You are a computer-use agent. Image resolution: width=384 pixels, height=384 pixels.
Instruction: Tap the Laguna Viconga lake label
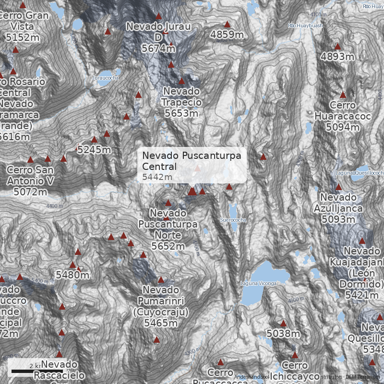[x=259, y=284]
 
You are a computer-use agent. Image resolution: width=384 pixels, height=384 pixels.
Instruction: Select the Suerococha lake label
[x=233, y=220]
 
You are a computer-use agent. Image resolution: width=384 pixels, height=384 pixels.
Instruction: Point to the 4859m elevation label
[x=227, y=34]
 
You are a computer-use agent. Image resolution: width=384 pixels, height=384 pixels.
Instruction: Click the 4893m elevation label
[x=337, y=57]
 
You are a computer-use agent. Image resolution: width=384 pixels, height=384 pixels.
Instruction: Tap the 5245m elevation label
[x=94, y=150]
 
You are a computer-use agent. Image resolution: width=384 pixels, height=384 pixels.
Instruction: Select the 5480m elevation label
[x=72, y=275]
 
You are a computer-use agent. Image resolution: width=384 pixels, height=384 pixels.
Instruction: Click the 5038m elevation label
[x=283, y=333]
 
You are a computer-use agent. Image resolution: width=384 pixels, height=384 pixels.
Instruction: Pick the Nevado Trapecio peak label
[x=181, y=102]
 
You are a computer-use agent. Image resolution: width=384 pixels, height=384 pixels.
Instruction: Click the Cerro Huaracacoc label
[x=343, y=116]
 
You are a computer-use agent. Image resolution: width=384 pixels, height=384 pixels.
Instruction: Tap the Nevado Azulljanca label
[x=338, y=208]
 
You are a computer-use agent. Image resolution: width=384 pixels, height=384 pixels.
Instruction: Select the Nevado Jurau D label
[x=158, y=37]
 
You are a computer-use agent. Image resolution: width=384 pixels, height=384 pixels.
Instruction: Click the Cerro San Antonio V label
[x=30, y=181]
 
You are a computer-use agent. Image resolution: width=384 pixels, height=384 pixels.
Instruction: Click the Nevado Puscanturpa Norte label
[x=168, y=229]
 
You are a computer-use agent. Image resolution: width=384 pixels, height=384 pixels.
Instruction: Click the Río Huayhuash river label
[x=305, y=25]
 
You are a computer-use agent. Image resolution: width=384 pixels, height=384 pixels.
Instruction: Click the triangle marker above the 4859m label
[x=227, y=24]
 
